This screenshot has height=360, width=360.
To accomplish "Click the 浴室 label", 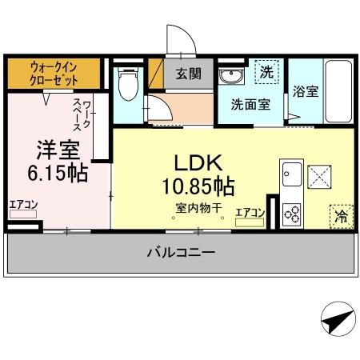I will (x=306, y=91).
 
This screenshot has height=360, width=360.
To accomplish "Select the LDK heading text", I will (x=192, y=163).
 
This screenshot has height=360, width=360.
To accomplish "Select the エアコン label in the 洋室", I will (x=23, y=205).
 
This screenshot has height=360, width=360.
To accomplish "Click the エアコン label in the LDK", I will (x=250, y=212).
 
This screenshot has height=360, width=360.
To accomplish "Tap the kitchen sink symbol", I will (x=290, y=173).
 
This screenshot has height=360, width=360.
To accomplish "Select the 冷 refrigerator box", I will (x=340, y=214).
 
